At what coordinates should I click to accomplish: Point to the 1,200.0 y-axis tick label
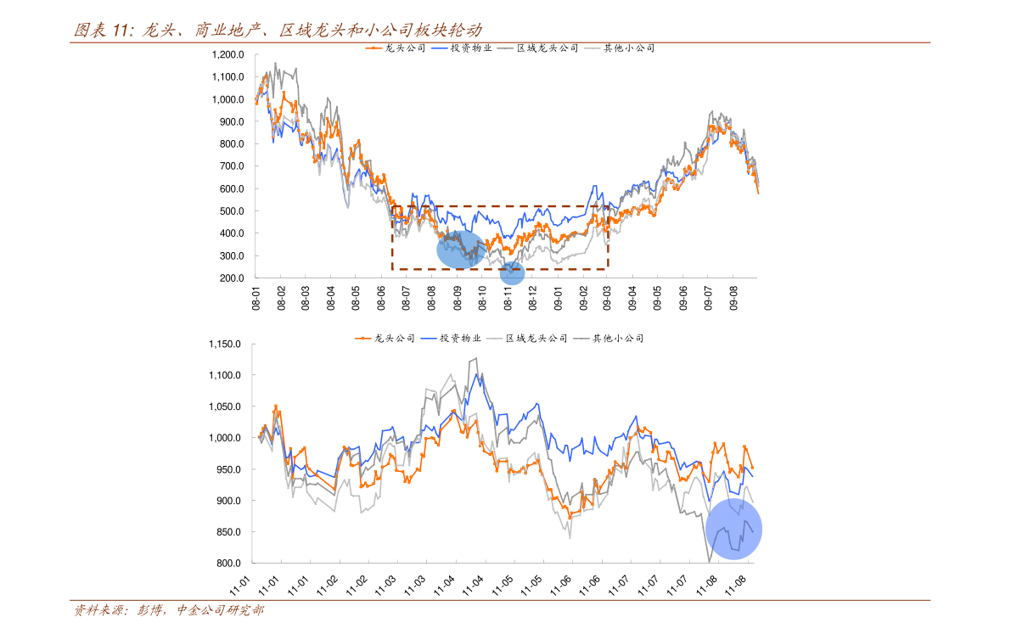tap(227, 54)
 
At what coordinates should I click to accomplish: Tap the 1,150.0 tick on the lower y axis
tap(225, 345)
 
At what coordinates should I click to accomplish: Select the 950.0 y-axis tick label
tap(229, 469)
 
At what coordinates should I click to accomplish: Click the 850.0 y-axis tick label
tap(229, 532)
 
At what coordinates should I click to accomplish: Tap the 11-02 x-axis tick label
tap(358, 585)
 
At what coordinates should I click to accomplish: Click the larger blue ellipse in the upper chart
tap(460, 250)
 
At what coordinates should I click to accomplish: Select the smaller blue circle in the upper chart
tap(512, 273)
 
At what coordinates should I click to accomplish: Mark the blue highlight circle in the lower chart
tap(733, 530)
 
